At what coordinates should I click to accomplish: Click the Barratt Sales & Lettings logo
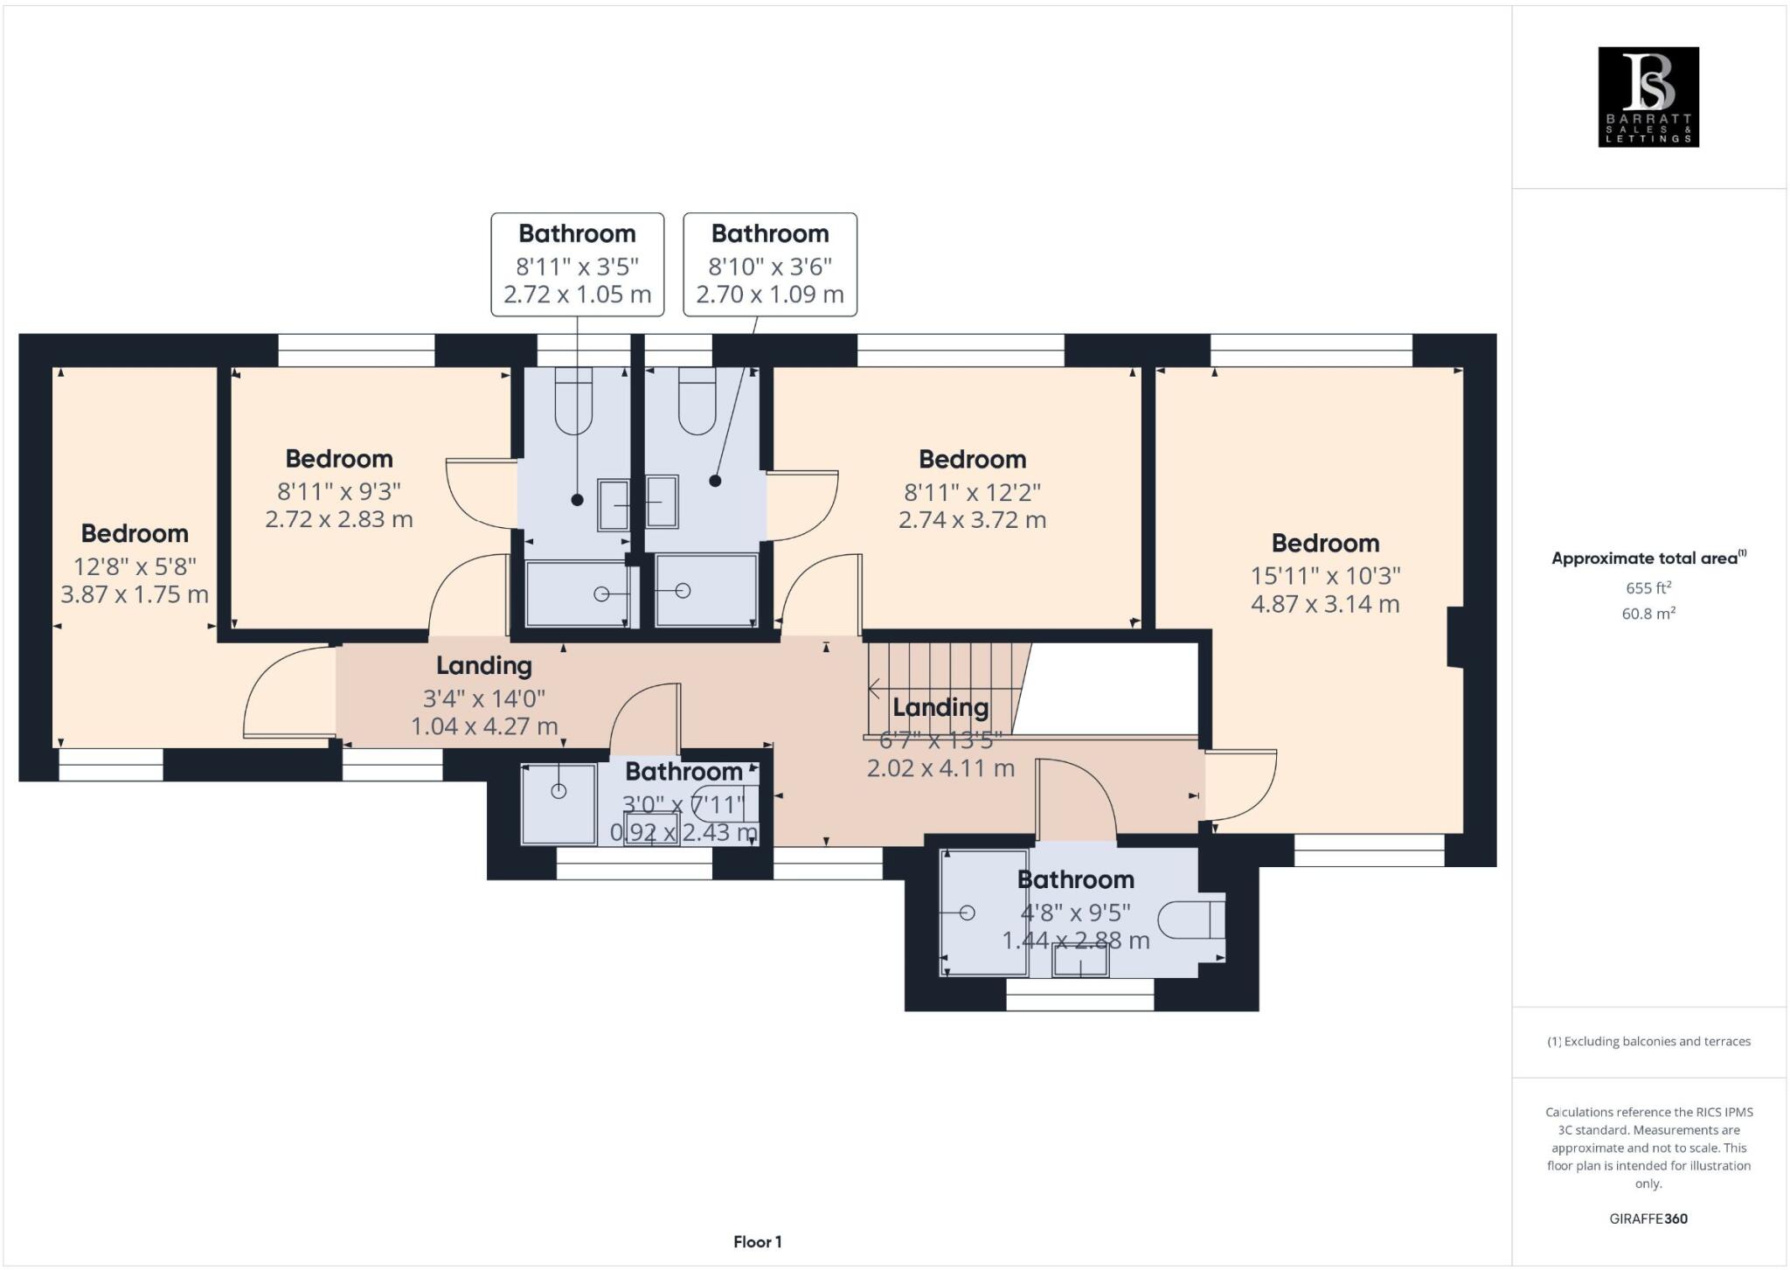(1648, 97)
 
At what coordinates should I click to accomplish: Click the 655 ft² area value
(1648, 587)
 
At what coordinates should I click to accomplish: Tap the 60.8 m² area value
(1648, 614)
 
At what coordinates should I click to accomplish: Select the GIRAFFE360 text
(1648, 1218)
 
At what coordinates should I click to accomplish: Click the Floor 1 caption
(757, 1242)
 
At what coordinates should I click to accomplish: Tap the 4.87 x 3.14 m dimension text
(1325, 604)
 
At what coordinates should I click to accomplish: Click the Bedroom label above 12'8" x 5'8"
(135, 533)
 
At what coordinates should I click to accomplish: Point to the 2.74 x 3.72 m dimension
(972, 520)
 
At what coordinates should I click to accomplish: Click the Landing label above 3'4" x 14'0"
(484, 666)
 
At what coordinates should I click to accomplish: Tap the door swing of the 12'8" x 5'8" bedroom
(280, 695)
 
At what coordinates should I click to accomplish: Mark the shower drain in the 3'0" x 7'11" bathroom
(559, 791)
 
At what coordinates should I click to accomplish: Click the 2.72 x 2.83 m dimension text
(339, 519)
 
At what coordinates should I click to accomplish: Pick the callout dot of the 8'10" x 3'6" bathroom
(715, 481)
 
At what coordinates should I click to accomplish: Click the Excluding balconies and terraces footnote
(1648, 1041)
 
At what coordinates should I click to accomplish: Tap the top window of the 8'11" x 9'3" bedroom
(357, 350)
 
